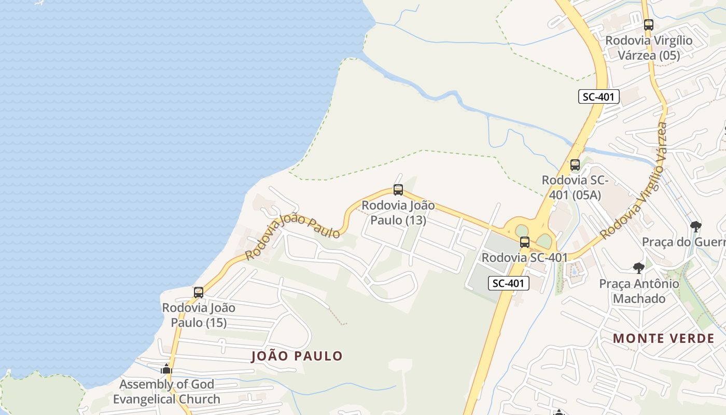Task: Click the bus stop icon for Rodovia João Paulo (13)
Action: (398, 190)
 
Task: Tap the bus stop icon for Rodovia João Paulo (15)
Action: (199, 293)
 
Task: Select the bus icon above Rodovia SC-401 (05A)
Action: (575, 165)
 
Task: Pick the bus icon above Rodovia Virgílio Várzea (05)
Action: (648, 24)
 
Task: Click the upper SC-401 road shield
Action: (599, 96)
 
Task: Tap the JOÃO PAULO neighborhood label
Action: (297, 356)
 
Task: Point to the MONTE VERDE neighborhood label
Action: (664, 339)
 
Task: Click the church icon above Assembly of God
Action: (166, 369)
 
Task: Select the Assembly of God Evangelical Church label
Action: (166, 392)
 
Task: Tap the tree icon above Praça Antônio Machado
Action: (639, 268)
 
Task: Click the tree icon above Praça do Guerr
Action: (696, 226)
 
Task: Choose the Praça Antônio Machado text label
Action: (639, 291)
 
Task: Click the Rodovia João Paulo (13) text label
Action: (398, 213)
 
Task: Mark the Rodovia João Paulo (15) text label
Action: (199, 315)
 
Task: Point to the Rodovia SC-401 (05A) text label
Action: (575, 187)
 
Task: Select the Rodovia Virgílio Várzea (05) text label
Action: (649, 47)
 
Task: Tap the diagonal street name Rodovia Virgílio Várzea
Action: (634, 182)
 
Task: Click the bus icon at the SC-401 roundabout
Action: (525, 242)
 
